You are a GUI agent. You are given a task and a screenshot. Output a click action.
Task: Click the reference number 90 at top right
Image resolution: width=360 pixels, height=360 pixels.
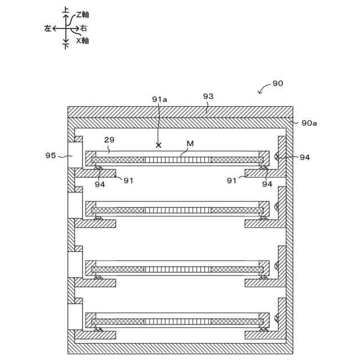277,83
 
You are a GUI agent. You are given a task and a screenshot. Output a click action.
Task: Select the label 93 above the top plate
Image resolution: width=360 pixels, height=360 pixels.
208,97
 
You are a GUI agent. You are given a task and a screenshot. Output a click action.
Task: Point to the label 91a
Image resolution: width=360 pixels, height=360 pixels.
160,100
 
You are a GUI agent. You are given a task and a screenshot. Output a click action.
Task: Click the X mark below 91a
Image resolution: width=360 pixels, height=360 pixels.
159,145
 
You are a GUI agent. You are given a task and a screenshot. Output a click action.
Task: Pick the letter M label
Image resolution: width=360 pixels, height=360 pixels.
190,144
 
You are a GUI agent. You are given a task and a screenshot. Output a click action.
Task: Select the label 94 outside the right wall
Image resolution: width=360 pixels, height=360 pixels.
305,157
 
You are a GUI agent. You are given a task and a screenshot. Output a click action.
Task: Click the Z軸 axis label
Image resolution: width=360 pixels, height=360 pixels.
83,15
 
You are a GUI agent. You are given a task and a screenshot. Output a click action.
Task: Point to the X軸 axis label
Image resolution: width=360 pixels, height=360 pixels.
82,41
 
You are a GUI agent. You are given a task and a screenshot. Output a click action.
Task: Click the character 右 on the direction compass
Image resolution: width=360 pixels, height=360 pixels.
83,28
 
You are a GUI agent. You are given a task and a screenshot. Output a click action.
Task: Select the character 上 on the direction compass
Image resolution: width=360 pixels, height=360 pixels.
66,11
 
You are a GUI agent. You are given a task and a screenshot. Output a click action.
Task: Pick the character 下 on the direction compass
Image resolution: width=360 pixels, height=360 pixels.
66,46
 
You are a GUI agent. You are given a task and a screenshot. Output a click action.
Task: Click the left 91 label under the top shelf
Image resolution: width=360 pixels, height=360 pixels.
128,180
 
